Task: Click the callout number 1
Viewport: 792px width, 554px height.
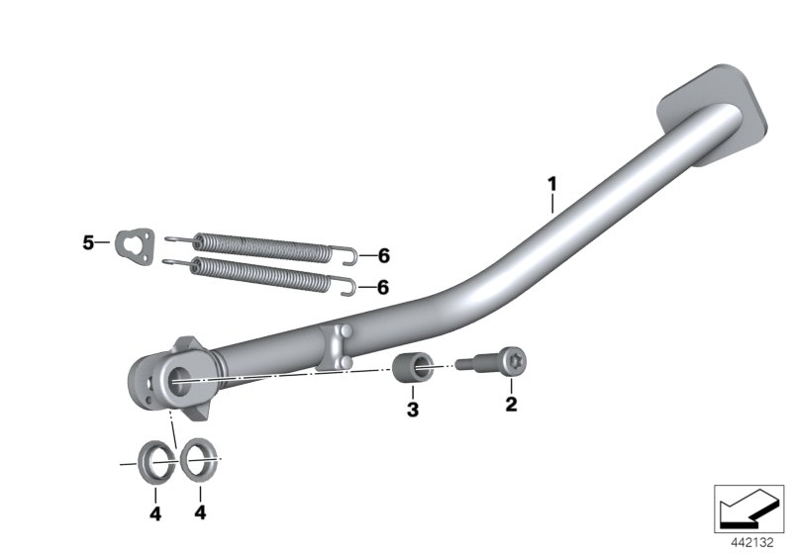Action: (552, 184)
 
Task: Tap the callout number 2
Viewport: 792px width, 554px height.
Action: (511, 405)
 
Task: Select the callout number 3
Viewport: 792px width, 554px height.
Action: (413, 410)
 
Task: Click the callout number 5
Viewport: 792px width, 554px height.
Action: (88, 242)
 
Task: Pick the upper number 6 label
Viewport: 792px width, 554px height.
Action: (384, 256)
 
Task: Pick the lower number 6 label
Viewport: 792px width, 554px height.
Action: (383, 288)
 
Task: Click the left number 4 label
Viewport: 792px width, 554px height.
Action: (155, 513)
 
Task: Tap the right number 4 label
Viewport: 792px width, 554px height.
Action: (200, 512)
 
